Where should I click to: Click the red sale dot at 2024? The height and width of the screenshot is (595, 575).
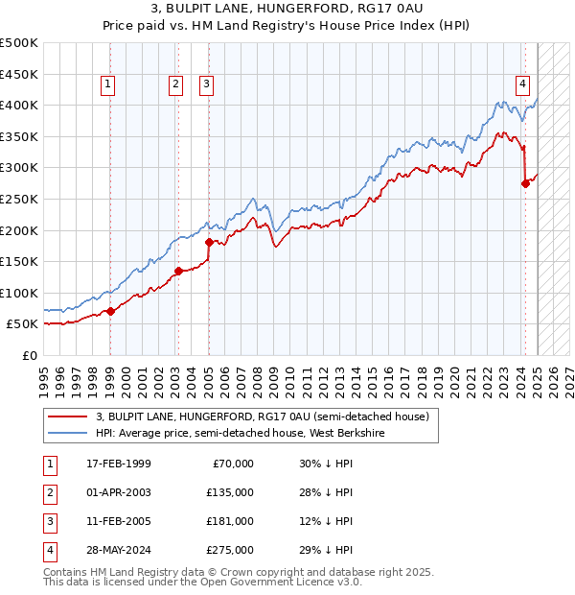[525, 183]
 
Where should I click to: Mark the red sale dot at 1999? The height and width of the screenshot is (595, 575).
[110, 311]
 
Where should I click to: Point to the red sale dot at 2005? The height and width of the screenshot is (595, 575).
[208, 242]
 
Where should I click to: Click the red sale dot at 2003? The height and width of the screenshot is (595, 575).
[178, 271]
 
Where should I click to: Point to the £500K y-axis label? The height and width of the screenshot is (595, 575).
[19, 43]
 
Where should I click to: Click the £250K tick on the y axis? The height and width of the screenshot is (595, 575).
[19, 199]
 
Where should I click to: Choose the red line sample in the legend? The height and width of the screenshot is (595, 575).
[67, 416]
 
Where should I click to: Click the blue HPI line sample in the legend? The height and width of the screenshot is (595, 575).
[67, 433]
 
